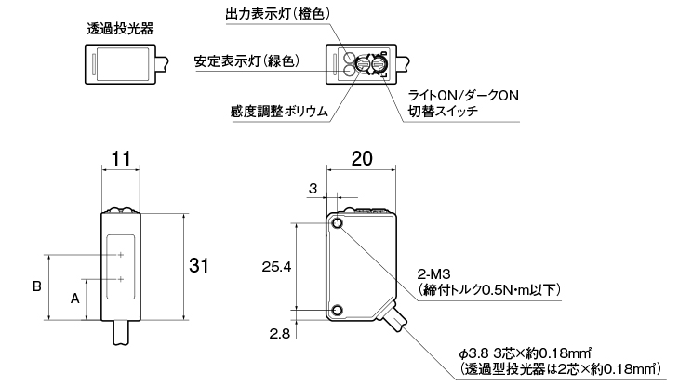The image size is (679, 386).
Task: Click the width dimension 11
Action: [x=120, y=159]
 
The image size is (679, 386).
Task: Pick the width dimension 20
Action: [x=363, y=159]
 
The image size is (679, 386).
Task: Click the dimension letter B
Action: [x=37, y=287]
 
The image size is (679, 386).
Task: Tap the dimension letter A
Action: [x=75, y=299]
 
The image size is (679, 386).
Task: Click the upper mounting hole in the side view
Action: [x=336, y=223]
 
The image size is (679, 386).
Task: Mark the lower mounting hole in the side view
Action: [x=336, y=311]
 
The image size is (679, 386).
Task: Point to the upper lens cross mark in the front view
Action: [x=121, y=255]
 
